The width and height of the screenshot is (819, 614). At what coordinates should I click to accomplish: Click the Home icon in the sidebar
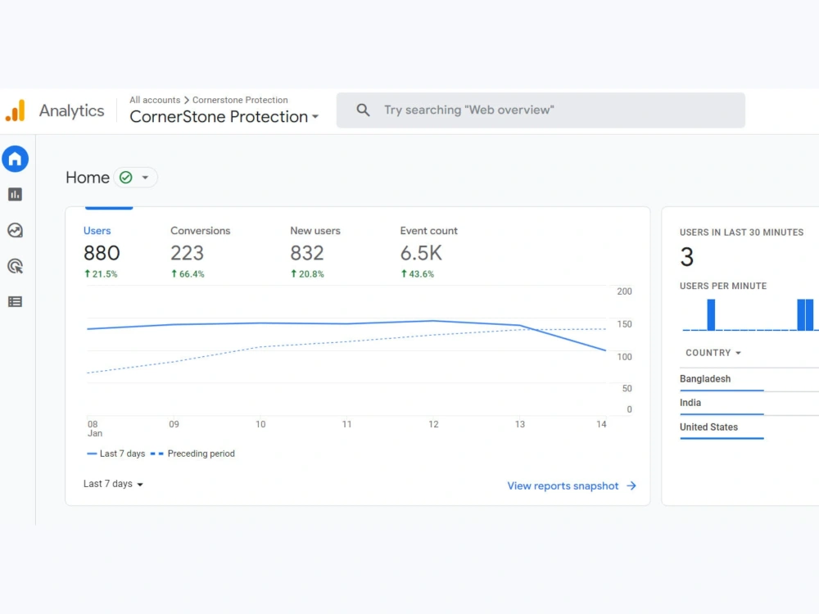[15, 159]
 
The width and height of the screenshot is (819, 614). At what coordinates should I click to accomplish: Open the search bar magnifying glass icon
[363, 110]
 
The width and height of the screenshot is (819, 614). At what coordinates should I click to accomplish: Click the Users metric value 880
[102, 253]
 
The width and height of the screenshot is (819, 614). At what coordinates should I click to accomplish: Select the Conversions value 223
[187, 253]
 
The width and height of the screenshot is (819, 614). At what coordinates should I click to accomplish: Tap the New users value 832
[307, 253]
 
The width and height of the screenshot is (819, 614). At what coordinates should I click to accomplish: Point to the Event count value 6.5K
[421, 253]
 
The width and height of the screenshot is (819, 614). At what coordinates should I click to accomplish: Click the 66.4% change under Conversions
[188, 274]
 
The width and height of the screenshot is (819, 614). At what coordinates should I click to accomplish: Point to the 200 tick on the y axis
[624, 291]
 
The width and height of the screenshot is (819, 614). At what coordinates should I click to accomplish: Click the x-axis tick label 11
[346, 424]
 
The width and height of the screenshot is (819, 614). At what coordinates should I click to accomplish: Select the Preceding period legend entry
[192, 454]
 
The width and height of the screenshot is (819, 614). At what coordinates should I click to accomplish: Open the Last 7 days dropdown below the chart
[113, 484]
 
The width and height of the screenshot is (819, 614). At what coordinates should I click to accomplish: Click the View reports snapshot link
[572, 486]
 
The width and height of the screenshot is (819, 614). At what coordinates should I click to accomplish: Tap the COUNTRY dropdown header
[713, 353]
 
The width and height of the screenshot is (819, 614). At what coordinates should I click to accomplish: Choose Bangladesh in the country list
[705, 379]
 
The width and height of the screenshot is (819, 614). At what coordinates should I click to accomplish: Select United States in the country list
[708, 427]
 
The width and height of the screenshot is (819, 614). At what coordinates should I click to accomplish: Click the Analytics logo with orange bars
[16, 111]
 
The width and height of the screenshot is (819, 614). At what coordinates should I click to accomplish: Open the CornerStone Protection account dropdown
[224, 116]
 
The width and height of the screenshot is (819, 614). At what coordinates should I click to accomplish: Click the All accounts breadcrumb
[155, 100]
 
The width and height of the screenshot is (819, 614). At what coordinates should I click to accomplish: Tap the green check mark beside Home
[126, 178]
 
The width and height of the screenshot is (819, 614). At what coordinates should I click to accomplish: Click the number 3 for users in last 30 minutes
[687, 257]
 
